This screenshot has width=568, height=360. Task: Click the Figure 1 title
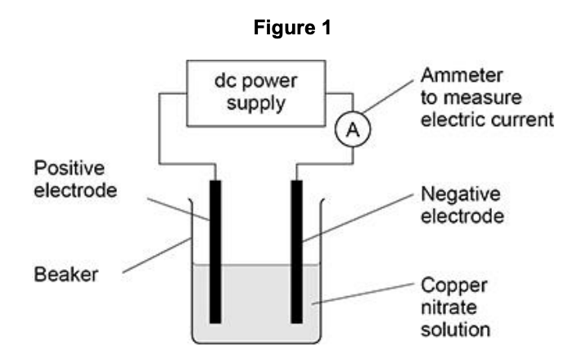[x=285, y=29]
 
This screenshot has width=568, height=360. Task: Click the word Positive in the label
[x=69, y=168]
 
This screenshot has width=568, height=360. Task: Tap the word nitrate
[x=444, y=309]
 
